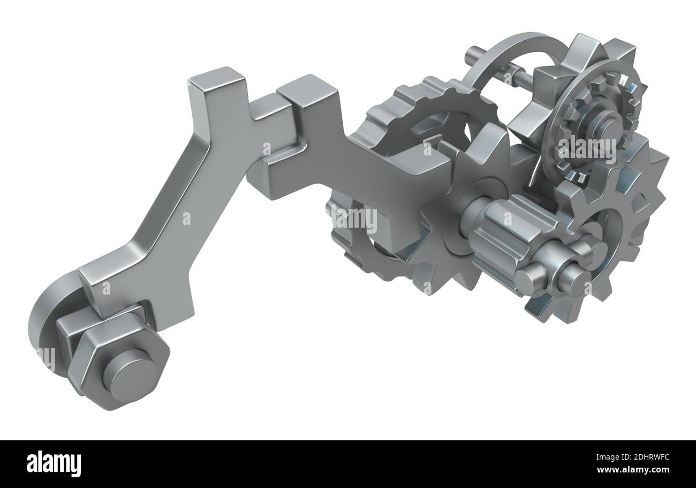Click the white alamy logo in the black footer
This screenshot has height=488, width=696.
click(x=54, y=464)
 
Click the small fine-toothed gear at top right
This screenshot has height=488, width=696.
click(x=594, y=123)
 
